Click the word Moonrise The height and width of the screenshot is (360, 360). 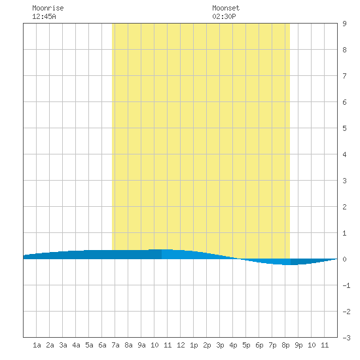48,8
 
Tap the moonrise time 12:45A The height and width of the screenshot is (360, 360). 44,16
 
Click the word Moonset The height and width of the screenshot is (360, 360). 226,8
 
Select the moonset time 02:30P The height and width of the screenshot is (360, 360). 224,16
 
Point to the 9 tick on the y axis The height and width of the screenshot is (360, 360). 344,24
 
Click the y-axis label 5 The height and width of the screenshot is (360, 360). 344,128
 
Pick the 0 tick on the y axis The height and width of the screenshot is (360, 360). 344,259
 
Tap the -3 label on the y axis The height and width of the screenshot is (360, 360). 346,338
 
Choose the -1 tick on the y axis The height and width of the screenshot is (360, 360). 346,285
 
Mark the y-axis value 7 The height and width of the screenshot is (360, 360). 344,76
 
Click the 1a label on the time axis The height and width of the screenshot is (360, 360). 37,345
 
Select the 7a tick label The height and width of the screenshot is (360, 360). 115,345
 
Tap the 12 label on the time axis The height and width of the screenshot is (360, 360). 181,345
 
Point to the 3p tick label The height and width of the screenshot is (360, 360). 220,345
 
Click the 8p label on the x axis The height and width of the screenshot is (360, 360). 285,345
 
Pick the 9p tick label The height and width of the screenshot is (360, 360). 298,345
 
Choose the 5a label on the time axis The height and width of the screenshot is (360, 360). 89,345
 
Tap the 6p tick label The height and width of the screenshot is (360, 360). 259,345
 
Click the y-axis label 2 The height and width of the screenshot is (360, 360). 344,207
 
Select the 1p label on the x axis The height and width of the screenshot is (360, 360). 194,345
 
